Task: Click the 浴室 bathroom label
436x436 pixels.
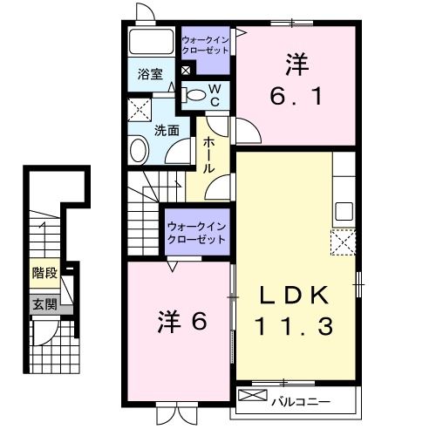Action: pyautogui.click(x=151, y=75)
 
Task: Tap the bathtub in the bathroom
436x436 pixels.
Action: pyautogui.click(x=152, y=43)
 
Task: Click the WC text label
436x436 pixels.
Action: pyautogui.click(x=215, y=94)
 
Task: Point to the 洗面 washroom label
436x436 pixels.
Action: pyautogui.click(x=167, y=131)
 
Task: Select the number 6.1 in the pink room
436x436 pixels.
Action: pyautogui.click(x=296, y=97)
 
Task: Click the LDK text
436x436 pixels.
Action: pyautogui.click(x=295, y=294)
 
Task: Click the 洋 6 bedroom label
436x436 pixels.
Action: pyautogui.click(x=182, y=321)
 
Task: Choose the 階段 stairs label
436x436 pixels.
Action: pyautogui.click(x=44, y=273)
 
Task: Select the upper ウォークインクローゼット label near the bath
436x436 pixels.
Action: pyautogui.click(x=206, y=45)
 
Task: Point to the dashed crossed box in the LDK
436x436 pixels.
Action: pyautogui.click(x=343, y=242)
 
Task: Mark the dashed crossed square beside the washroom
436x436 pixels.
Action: pyautogui.click(x=139, y=110)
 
